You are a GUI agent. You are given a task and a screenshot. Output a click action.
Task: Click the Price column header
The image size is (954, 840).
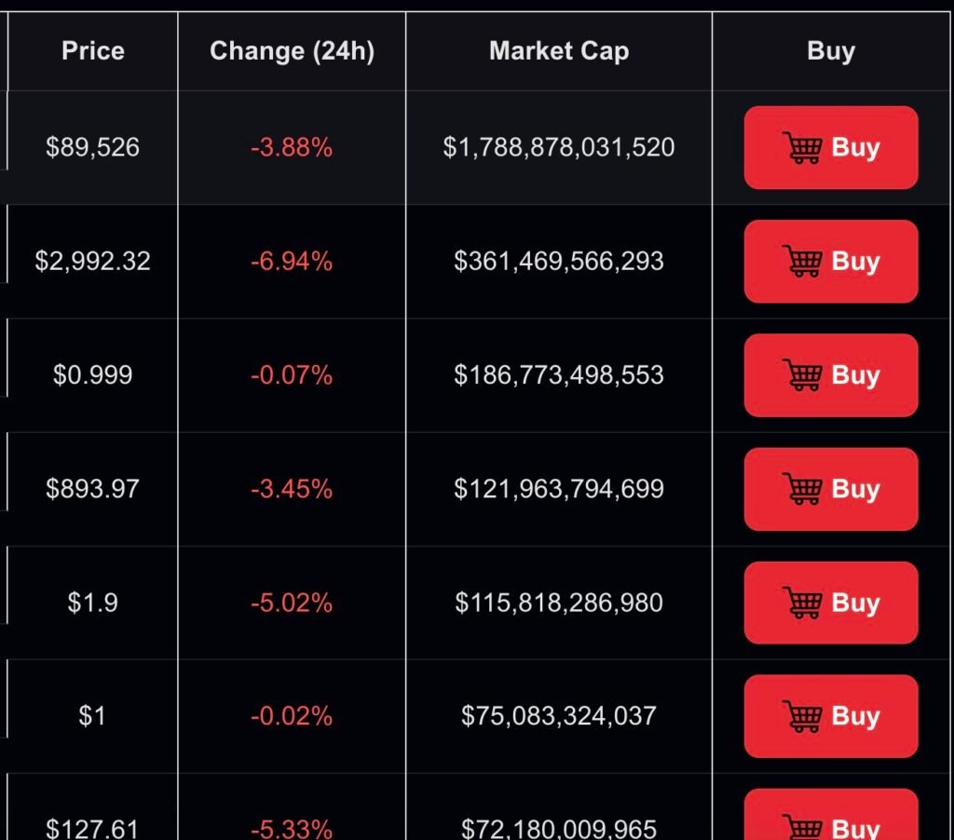click(92, 50)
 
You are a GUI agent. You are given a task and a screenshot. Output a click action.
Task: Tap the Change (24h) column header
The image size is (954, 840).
click(292, 50)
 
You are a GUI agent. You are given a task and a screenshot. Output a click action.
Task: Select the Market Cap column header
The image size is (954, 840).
click(559, 50)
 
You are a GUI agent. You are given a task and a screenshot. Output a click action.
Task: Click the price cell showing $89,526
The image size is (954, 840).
click(92, 147)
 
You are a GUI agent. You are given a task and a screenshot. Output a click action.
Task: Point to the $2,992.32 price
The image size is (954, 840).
click(92, 261)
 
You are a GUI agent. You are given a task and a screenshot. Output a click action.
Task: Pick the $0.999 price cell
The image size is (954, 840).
click(92, 374)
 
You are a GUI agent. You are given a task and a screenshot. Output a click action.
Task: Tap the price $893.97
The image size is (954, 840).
click(92, 489)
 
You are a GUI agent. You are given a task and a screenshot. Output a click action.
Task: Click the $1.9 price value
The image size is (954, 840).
click(92, 603)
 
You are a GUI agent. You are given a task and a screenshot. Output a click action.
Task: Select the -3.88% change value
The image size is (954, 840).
click(292, 147)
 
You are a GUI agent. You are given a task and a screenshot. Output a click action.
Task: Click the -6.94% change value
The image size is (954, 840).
click(292, 261)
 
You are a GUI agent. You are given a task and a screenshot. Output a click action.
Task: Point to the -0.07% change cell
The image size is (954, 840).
click(292, 374)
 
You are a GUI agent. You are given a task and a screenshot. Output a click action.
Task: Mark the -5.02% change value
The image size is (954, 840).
click(292, 603)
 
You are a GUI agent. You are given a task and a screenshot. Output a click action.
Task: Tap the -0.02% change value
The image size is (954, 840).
click(292, 716)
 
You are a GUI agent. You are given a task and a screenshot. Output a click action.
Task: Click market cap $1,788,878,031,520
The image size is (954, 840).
click(559, 147)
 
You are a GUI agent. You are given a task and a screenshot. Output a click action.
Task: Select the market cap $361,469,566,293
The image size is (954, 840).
click(559, 261)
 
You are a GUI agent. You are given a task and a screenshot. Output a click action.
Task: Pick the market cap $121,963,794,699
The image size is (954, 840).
click(559, 489)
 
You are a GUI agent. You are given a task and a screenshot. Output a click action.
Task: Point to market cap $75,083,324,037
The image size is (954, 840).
click(559, 716)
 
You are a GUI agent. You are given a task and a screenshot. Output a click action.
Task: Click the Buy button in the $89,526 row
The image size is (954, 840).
click(830, 147)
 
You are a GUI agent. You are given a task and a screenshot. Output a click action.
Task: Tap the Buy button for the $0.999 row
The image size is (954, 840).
click(830, 374)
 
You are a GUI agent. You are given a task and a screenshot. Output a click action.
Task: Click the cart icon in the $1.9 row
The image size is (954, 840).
click(802, 603)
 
